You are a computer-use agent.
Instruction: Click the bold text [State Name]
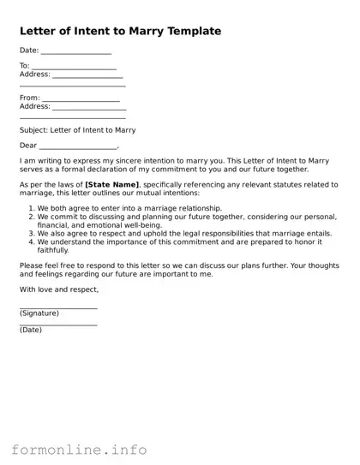[111, 184]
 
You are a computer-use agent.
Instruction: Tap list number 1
[32, 208]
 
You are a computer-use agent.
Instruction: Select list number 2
[32, 218]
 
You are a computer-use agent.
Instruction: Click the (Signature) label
[39, 313]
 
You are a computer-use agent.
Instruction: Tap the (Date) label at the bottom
[30, 330]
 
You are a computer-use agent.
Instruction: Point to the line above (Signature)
[58, 307]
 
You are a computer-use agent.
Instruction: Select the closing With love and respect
[53, 289]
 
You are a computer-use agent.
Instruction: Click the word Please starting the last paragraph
[30, 265]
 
